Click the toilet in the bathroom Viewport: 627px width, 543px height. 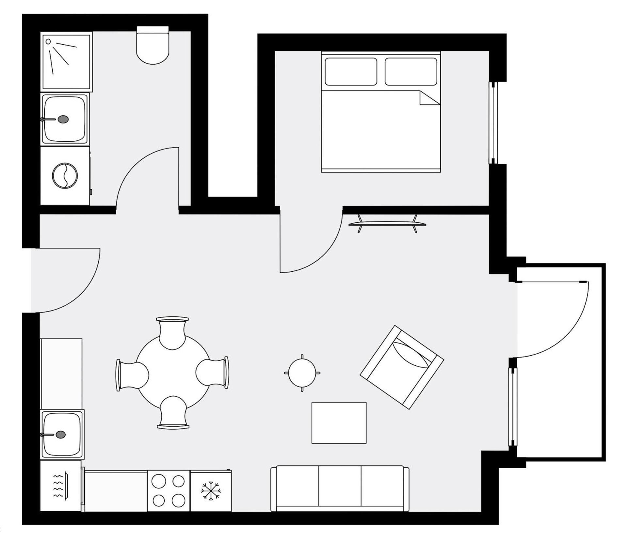tap(153, 47)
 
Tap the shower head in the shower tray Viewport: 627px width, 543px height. tap(48, 41)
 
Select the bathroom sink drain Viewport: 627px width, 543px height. tap(63, 119)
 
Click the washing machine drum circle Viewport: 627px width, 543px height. tap(65, 175)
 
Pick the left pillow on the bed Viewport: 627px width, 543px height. tap(351, 72)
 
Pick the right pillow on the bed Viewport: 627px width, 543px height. tap(411, 72)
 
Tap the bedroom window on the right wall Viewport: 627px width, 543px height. tap(493, 123)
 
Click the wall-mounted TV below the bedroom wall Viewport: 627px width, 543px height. tap(387, 224)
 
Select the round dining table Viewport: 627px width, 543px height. tap(173, 373)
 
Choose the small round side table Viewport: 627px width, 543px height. tap(302, 373)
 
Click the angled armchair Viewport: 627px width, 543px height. tap(402, 367)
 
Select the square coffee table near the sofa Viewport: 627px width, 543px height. tap(339, 423)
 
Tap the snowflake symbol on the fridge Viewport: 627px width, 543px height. tap(211, 491)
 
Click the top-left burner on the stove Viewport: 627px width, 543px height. tap(159, 481)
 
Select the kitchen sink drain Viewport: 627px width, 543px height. tap(60, 435)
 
